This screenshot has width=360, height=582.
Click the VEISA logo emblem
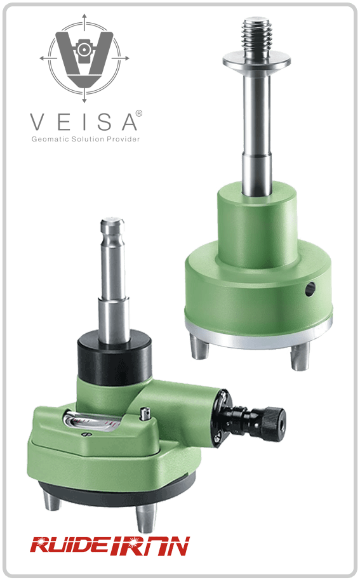click(x=84, y=58)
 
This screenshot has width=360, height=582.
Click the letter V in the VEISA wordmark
click(x=37, y=122)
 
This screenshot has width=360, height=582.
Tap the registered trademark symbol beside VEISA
click(x=139, y=113)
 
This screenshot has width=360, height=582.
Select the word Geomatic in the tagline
click(x=50, y=139)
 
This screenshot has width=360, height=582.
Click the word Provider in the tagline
click(x=123, y=139)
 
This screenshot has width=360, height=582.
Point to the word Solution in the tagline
click(x=88, y=139)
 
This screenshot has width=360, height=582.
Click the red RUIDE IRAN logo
click(x=110, y=546)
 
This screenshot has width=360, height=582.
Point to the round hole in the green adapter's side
click(x=310, y=289)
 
